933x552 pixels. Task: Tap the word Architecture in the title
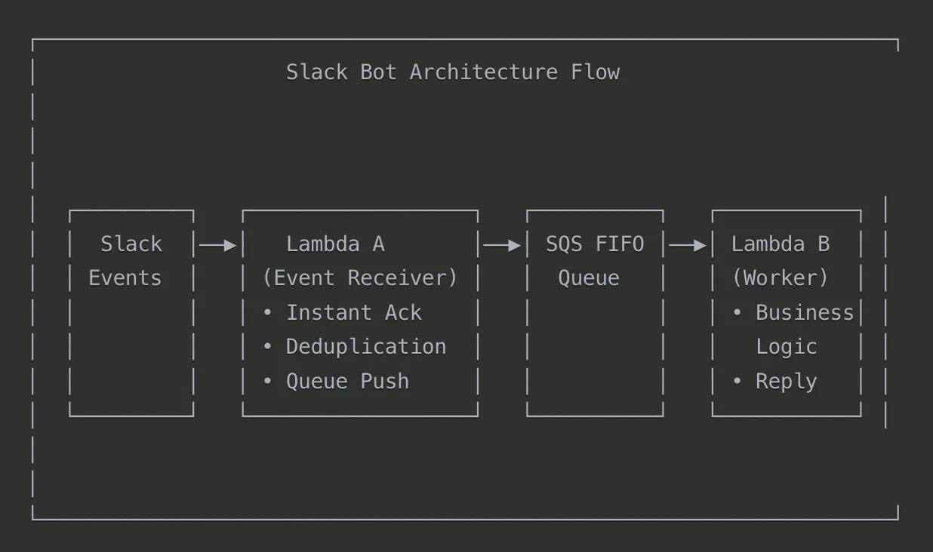tap(483, 72)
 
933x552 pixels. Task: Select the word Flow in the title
tap(595, 72)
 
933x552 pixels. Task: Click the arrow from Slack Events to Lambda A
tap(218, 245)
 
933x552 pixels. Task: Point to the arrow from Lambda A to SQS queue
tap(502, 245)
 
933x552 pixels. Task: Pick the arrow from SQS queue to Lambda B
tap(688, 245)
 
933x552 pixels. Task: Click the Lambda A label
tap(335, 244)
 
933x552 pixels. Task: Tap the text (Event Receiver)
tap(359, 278)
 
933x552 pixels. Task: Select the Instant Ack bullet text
tap(353, 313)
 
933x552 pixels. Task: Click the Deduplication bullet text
tap(365, 347)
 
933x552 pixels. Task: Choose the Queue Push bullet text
tap(347, 382)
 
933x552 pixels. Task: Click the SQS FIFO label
tap(595, 244)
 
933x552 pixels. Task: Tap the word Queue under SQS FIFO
tap(589, 278)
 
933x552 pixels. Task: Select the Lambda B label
tap(781, 244)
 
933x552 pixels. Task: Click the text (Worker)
tap(781, 278)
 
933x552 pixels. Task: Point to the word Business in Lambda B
tap(805, 313)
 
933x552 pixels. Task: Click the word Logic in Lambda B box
tap(787, 347)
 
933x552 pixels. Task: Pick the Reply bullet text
tap(787, 382)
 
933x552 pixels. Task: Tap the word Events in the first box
tap(125, 278)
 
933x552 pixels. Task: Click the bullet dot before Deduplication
tap(267, 347)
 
